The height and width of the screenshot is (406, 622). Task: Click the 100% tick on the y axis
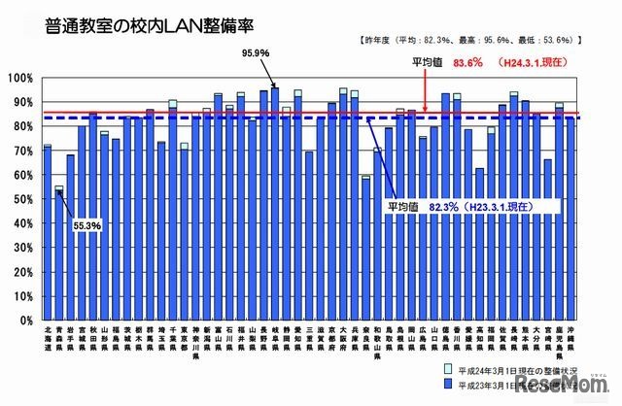coord(21,78)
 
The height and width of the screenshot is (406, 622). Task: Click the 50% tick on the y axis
coord(23,199)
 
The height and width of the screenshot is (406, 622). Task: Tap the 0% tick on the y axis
coord(26,320)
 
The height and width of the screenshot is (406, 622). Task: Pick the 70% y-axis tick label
coord(23,151)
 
